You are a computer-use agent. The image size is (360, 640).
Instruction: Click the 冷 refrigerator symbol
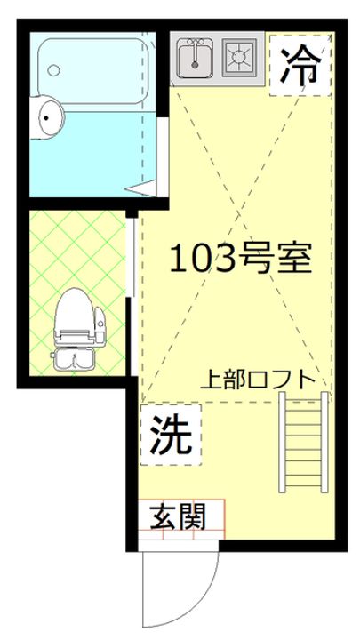[x=300, y=64]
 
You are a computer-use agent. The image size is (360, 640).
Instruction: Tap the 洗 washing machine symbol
[x=170, y=435]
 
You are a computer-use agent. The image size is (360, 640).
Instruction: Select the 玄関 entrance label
[x=181, y=516]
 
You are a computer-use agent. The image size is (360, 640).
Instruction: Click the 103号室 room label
[x=239, y=258]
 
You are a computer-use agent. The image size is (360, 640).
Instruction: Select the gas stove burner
[x=239, y=57]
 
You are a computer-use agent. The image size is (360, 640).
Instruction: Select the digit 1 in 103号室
[x=177, y=258]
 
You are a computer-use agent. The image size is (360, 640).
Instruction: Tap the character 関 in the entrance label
[x=196, y=516]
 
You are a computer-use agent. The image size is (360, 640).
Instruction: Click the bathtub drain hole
[x=53, y=68]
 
